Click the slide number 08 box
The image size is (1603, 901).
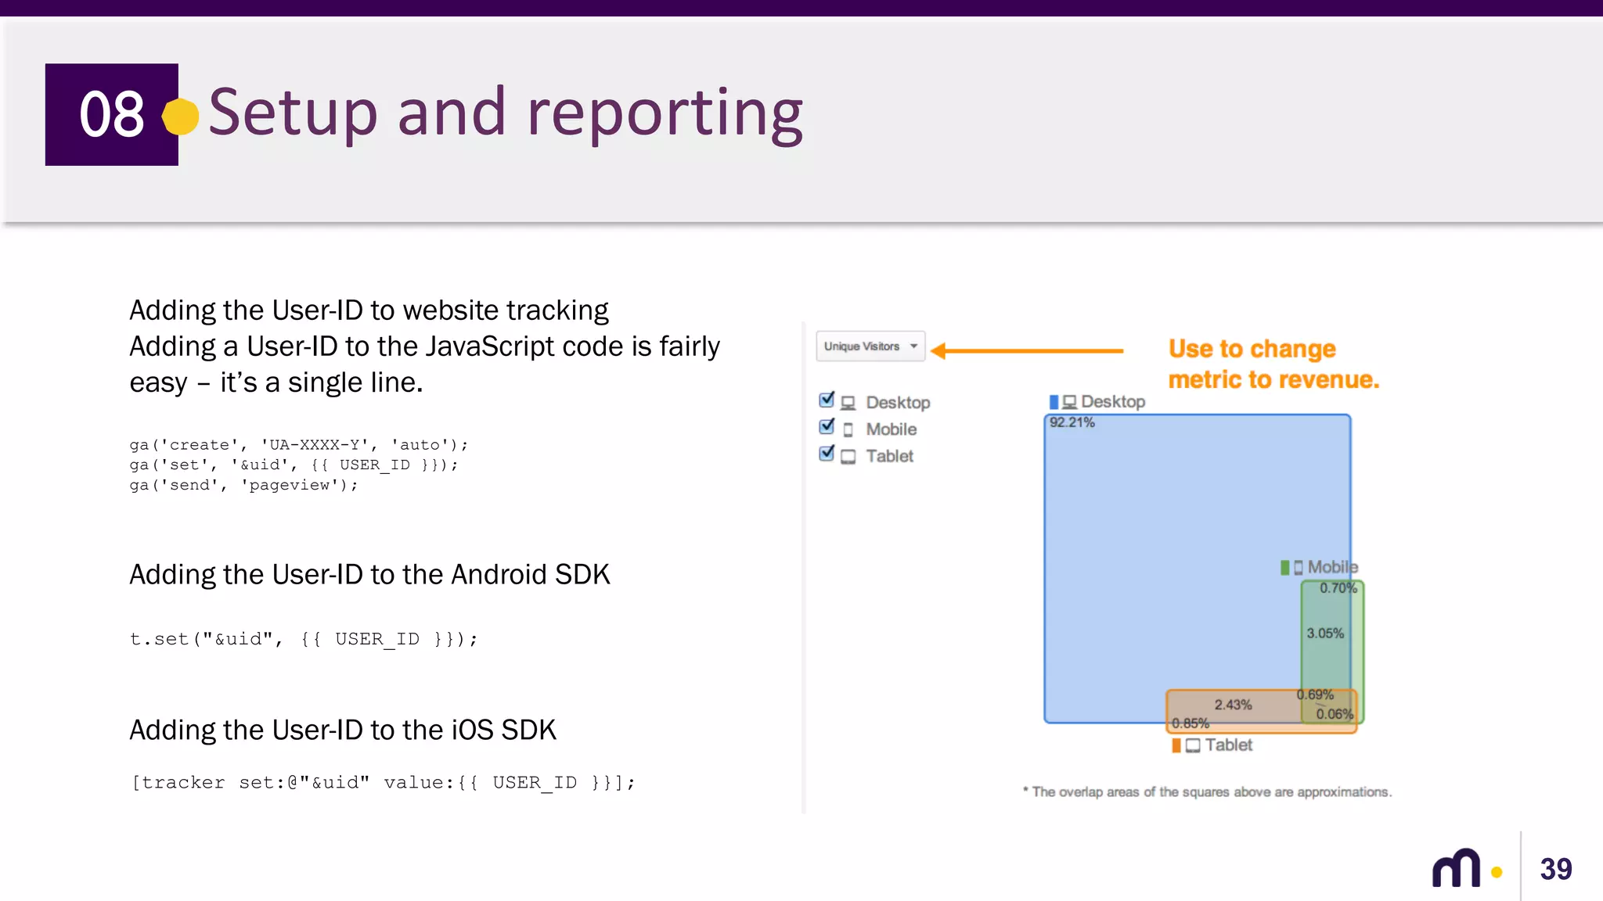[111, 114]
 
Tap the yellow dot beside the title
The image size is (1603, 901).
[181, 117]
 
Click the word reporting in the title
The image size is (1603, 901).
[665, 114]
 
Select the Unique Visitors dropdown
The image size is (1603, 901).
[870, 346]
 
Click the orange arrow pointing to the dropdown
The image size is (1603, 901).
[1025, 351]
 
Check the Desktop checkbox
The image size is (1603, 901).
[827, 400]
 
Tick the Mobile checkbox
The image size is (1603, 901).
[827, 427]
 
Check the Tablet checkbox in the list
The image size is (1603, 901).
[827, 454]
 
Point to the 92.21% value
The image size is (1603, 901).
[1072, 422]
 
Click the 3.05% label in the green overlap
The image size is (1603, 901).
[1324, 634]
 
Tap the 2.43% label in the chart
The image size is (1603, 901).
[1233, 705]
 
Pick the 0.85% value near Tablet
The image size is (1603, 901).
[1190, 723]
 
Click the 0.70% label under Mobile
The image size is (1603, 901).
[1338, 588]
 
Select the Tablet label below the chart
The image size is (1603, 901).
[1227, 745]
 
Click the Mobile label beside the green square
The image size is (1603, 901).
[1331, 567]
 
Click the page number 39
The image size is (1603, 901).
[1555, 869]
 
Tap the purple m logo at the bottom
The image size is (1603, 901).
[1456, 868]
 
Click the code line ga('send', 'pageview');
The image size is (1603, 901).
[243, 485]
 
